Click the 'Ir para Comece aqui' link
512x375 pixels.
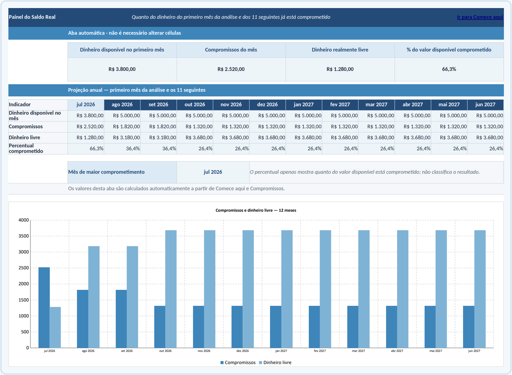[x=480, y=17]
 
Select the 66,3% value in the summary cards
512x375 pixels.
[x=449, y=69]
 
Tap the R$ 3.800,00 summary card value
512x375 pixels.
[x=122, y=69]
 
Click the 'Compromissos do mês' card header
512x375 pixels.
[x=231, y=50]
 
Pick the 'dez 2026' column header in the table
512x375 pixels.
[x=267, y=105]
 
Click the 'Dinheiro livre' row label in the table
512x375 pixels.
[x=24, y=137]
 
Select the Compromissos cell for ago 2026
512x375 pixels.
[x=126, y=126]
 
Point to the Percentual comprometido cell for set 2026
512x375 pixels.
[x=169, y=149]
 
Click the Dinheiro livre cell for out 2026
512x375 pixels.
[x=199, y=137]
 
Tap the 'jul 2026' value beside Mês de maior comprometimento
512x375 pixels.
[x=213, y=172]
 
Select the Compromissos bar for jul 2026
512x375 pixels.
[x=44, y=307]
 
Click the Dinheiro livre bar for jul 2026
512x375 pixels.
[x=55, y=327]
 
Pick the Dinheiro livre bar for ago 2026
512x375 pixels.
[x=94, y=297]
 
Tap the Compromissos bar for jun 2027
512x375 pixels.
[x=468, y=327]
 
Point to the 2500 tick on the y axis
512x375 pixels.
[x=24, y=268]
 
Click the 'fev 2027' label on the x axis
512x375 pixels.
[x=320, y=351]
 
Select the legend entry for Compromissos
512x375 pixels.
[x=238, y=363]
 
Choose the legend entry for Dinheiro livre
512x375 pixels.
[x=275, y=363]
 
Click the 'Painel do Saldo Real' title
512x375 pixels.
[x=32, y=17]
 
